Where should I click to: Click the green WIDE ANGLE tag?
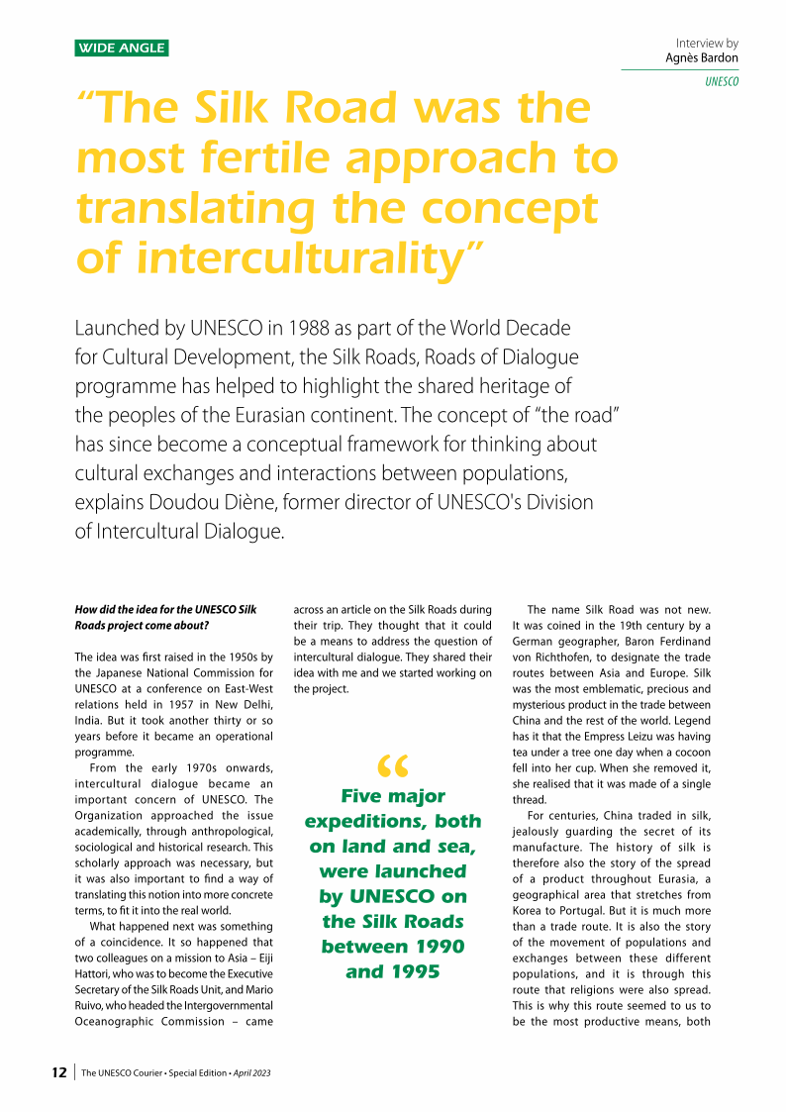click(x=122, y=48)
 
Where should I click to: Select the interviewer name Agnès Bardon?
click(x=702, y=58)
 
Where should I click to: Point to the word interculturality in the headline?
click(x=301, y=259)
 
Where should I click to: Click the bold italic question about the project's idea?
click(x=165, y=617)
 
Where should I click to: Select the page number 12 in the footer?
click(x=59, y=1072)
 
